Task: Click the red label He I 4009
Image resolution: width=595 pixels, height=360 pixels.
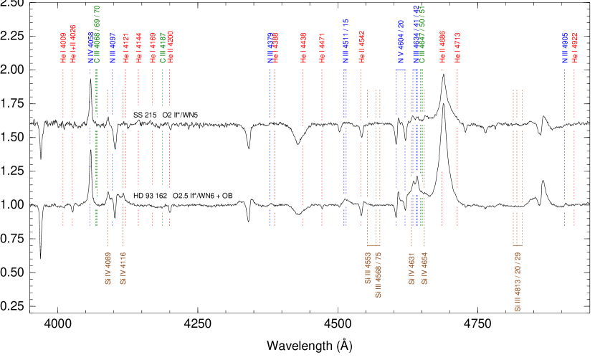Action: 63,47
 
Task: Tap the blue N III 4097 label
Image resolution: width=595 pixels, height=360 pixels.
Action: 113,47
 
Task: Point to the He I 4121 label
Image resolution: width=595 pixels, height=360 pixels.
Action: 125,47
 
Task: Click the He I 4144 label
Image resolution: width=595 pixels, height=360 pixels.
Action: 138,47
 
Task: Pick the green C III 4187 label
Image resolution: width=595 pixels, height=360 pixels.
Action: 163,47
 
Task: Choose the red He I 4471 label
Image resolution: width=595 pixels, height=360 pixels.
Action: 322,47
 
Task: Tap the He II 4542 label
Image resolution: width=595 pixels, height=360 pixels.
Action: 361,47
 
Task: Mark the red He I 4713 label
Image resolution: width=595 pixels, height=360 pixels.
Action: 457,47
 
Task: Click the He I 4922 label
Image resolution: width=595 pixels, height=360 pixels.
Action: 574,47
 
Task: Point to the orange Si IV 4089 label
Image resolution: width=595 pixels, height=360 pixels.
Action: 108,268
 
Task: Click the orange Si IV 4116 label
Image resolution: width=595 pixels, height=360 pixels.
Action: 123,268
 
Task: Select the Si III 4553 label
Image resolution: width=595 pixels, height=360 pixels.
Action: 368,268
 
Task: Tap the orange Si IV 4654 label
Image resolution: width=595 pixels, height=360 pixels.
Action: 424,268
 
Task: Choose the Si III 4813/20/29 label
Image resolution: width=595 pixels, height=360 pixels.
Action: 518,281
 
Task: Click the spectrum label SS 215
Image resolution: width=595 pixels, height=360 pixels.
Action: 145,115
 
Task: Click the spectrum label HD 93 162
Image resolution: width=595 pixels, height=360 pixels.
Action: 151,196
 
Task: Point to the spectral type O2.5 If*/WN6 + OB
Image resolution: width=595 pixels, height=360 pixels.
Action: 203,196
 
